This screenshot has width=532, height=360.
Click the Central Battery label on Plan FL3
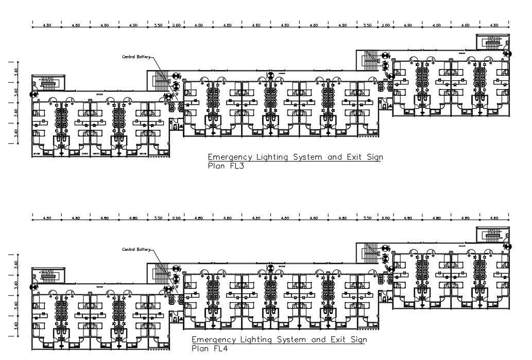[x=135, y=57]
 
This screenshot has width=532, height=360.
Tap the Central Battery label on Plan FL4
[x=135, y=249]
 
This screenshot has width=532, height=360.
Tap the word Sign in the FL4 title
[x=358, y=340]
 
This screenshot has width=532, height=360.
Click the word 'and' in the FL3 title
[x=335, y=157]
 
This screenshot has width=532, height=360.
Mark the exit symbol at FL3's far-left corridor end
[x=34, y=94]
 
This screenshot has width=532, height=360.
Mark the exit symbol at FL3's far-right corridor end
[x=508, y=53]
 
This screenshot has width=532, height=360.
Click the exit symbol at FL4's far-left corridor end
[x=34, y=286]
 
